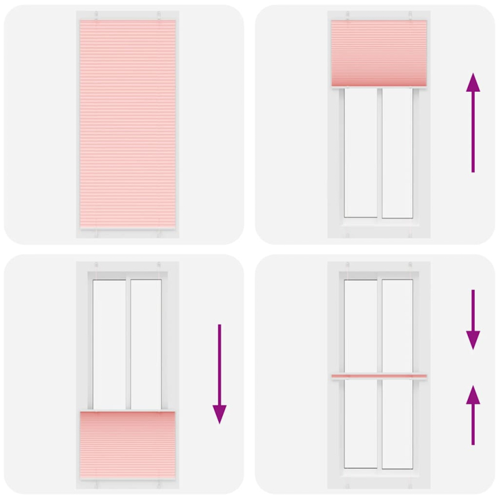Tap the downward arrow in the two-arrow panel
tap(473, 319)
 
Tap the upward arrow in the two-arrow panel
tap(473, 415)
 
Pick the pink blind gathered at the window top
tap(379, 53)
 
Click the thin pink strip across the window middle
tap(379, 376)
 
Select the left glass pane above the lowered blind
tap(109, 343)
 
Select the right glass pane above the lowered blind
tap(147, 343)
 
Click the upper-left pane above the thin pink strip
tap(361, 324)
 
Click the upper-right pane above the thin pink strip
tap(397, 324)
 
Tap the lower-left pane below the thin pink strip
tap(361, 424)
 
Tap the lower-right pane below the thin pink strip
tap(397, 424)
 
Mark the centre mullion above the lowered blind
tap(128, 343)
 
